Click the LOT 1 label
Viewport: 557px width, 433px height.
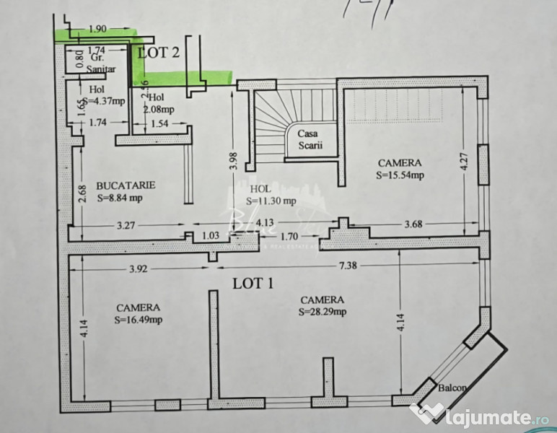point(253,282)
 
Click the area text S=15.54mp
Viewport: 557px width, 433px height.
point(400,175)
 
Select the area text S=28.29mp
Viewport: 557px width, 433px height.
point(322,312)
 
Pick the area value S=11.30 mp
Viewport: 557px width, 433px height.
point(271,201)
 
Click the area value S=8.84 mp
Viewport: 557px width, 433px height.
point(120,197)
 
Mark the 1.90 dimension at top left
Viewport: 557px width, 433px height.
point(97,30)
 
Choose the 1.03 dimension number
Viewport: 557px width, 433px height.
point(211,235)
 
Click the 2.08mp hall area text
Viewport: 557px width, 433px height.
point(158,110)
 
